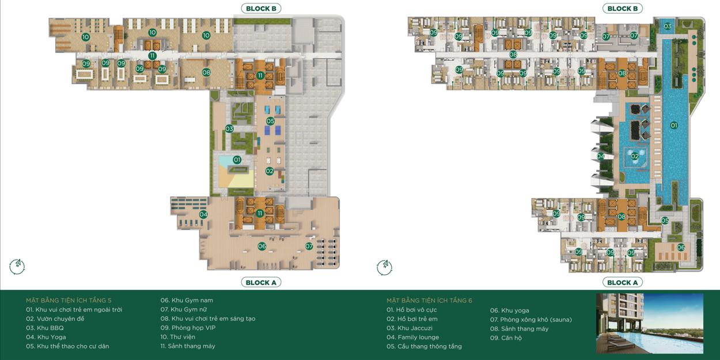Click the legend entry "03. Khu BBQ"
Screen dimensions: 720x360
[x=45, y=328]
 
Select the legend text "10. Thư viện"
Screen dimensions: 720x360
[x=178, y=337]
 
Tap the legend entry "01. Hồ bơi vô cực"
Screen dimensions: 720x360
[x=411, y=310]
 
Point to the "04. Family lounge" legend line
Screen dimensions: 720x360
[x=413, y=337]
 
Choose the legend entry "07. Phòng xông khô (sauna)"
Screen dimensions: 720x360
[x=531, y=320]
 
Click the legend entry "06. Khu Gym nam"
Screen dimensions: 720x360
[x=187, y=300]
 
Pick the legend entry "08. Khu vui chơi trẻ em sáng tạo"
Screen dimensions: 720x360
[x=207, y=319]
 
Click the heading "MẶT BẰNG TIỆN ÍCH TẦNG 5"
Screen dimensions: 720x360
[x=69, y=300]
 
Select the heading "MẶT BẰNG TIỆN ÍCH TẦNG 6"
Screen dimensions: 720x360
[x=430, y=300]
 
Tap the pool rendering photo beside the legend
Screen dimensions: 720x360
[x=650, y=323]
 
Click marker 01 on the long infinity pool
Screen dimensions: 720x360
[x=674, y=126]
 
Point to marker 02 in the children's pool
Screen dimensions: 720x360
[x=635, y=156]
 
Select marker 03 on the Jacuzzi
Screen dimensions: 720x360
[x=668, y=26]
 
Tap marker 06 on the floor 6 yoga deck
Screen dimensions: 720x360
[x=681, y=247]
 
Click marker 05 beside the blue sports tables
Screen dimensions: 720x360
[x=270, y=121]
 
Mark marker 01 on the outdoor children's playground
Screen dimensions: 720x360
[x=237, y=160]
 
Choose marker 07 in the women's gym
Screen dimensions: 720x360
[x=309, y=246]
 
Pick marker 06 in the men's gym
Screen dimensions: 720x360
[x=262, y=246]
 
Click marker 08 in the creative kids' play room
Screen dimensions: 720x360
[x=206, y=73]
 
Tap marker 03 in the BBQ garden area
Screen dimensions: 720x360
[x=229, y=129]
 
